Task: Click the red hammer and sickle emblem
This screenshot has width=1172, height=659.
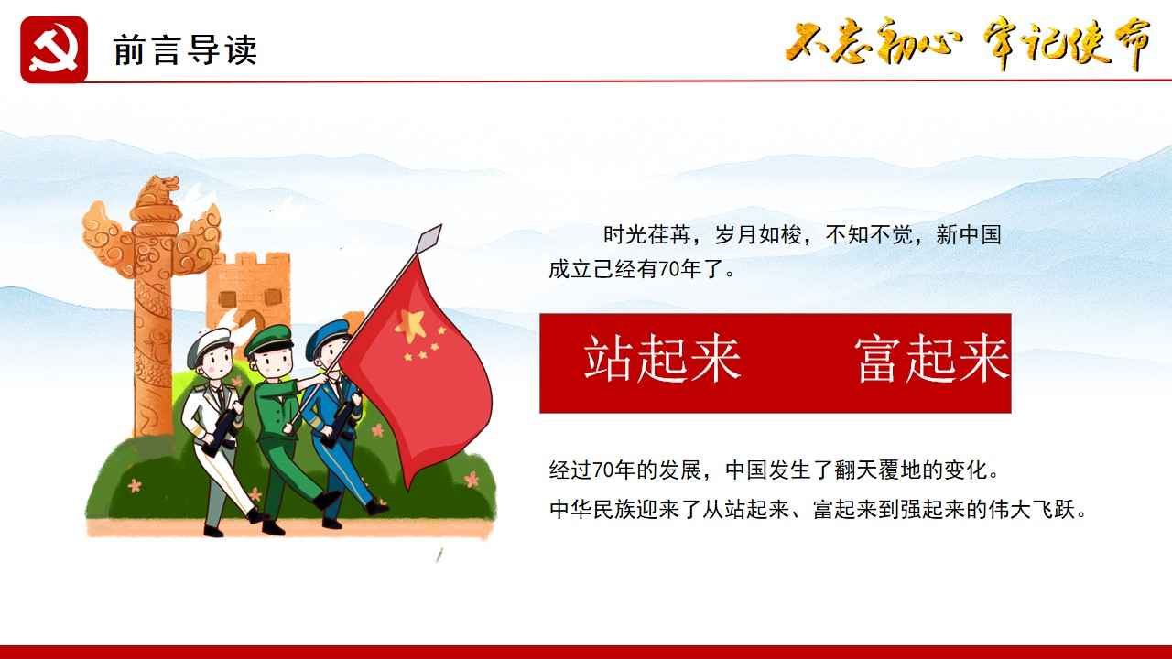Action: point(54,49)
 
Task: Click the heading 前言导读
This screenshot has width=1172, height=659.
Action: point(185,50)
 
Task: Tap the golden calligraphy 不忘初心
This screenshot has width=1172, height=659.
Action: point(874,42)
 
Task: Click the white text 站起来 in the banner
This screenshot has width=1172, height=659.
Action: point(662,359)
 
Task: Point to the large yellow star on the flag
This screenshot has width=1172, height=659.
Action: point(411,325)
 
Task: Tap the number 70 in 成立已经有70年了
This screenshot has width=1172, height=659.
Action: point(669,269)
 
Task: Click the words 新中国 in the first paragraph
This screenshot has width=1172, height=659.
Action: point(969,235)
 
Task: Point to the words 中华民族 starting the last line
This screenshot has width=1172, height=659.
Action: point(592,509)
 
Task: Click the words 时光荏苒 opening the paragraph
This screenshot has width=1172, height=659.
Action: point(646,235)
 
